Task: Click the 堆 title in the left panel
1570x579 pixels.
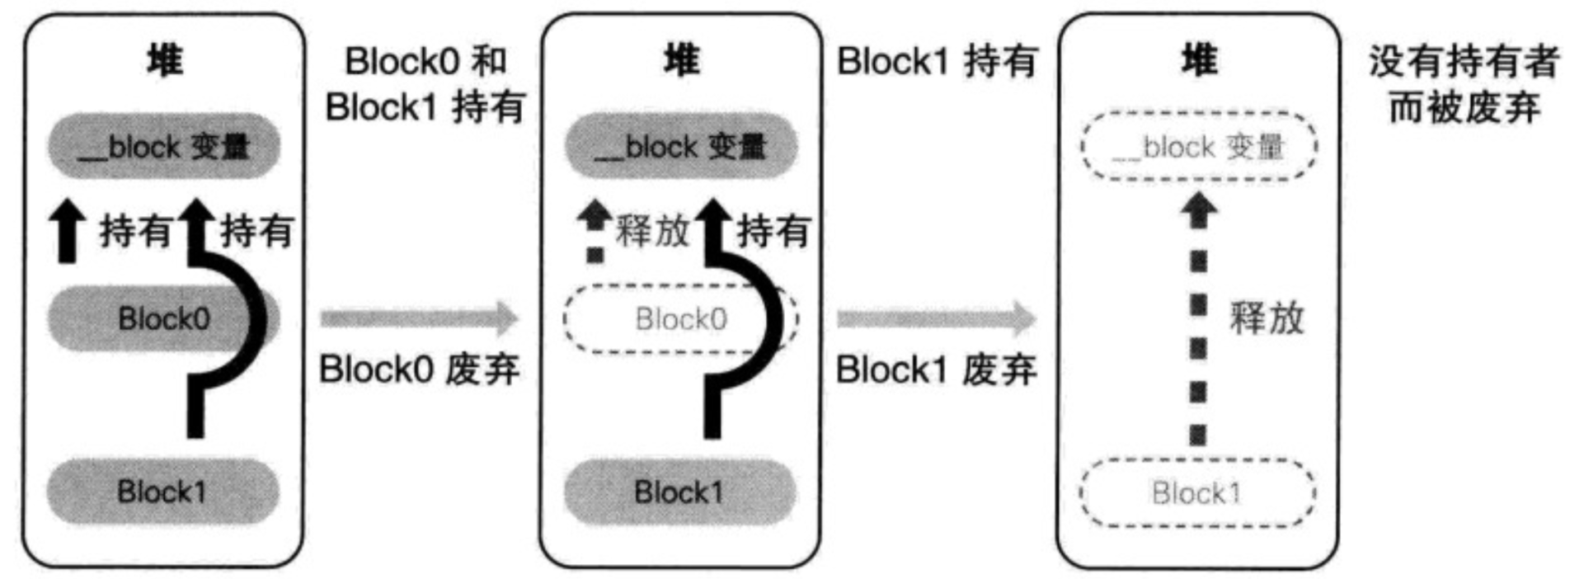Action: coord(164,61)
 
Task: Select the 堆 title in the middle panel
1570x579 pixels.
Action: coord(681,61)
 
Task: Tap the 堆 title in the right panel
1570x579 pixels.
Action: coord(1198,61)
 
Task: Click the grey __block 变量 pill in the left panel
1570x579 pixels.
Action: coord(164,147)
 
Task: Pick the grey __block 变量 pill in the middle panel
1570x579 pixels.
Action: coord(681,147)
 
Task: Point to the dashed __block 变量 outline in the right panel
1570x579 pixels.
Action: coord(1198,147)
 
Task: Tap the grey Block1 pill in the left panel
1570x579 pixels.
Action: coord(162,492)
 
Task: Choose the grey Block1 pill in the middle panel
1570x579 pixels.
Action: coord(679,492)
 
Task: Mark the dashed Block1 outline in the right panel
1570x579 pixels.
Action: coord(1197,493)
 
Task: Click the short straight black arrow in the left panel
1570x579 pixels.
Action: coord(67,233)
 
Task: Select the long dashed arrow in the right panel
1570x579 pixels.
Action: coord(1198,322)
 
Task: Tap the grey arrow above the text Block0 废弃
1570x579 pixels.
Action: coord(419,318)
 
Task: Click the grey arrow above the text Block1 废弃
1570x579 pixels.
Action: coord(936,318)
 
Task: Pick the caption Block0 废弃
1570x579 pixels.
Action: coord(419,370)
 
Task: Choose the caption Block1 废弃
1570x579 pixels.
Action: coord(936,370)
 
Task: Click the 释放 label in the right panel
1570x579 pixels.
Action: coord(1267,318)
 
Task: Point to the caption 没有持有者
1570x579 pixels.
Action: coord(1464,61)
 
